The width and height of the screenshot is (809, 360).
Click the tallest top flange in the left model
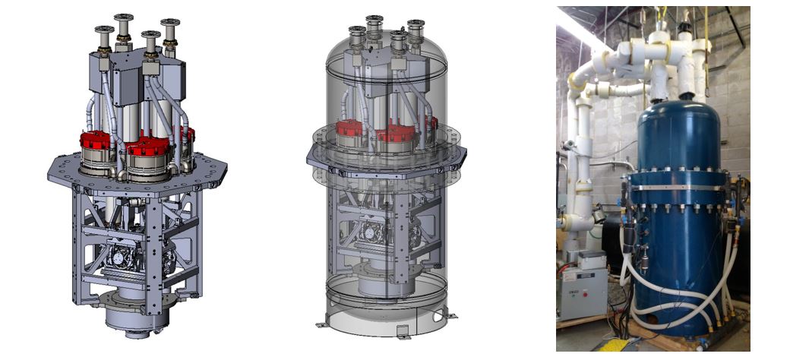pyautogui.click(x=123, y=17)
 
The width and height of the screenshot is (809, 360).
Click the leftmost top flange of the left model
pyautogui.click(x=104, y=30)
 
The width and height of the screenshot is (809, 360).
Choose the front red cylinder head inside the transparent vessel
pyautogui.click(x=396, y=134)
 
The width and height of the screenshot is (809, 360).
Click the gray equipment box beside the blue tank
pyautogui.click(x=582, y=289)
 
